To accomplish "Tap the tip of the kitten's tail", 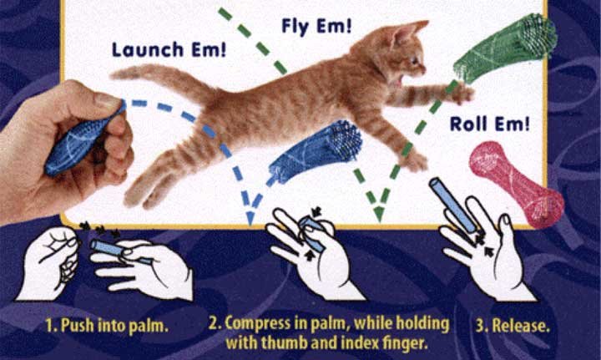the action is (114, 75).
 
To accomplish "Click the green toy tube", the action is (505, 48).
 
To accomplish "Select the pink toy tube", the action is (517, 184).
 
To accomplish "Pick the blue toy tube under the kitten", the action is (315, 151).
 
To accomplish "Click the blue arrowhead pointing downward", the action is (250, 217).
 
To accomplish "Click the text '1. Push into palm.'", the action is (107, 326).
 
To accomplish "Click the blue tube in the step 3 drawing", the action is (453, 205).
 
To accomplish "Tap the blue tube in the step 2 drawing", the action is (312, 233).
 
